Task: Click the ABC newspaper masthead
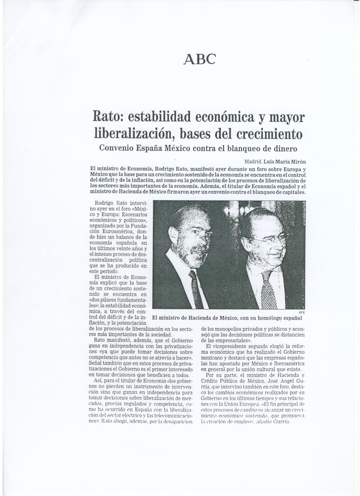click(x=200, y=59)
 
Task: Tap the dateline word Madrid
click(x=253, y=162)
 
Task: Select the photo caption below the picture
click(x=227, y=318)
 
